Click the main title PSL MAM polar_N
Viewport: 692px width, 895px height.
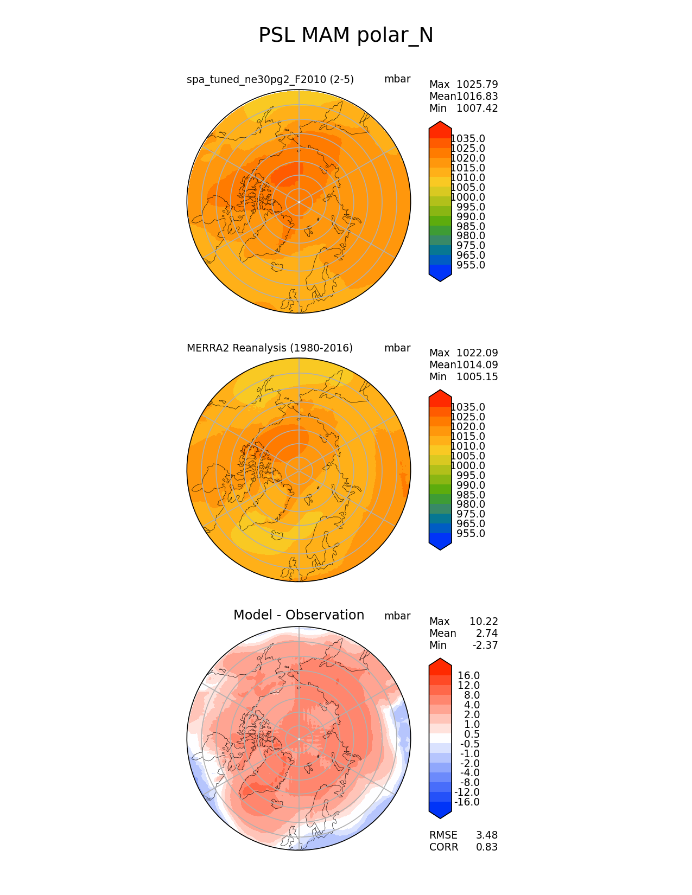[x=346, y=35]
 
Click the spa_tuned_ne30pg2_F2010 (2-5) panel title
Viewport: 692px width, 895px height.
[x=270, y=79]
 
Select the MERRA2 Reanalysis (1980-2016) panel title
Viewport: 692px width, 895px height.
[x=270, y=348]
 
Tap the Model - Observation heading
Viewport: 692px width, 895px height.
[x=299, y=615]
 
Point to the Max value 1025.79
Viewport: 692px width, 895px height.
[x=477, y=84]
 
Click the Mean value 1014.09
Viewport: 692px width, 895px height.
[x=477, y=365]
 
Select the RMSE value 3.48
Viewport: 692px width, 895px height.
[x=487, y=835]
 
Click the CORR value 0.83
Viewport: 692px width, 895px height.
[x=487, y=847]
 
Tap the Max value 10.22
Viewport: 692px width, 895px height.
[x=483, y=621]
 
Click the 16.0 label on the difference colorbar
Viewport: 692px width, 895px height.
[x=469, y=675]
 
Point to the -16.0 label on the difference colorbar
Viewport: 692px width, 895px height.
[x=467, y=802]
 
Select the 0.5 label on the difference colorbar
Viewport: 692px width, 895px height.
[x=472, y=734]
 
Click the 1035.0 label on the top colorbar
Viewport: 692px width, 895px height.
[x=468, y=138]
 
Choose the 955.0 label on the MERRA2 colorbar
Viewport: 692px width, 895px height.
[x=471, y=533]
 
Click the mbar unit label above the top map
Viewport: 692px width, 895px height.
[x=397, y=79]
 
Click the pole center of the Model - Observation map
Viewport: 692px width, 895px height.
[x=299, y=739]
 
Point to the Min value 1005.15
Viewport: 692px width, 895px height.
[x=477, y=376]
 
